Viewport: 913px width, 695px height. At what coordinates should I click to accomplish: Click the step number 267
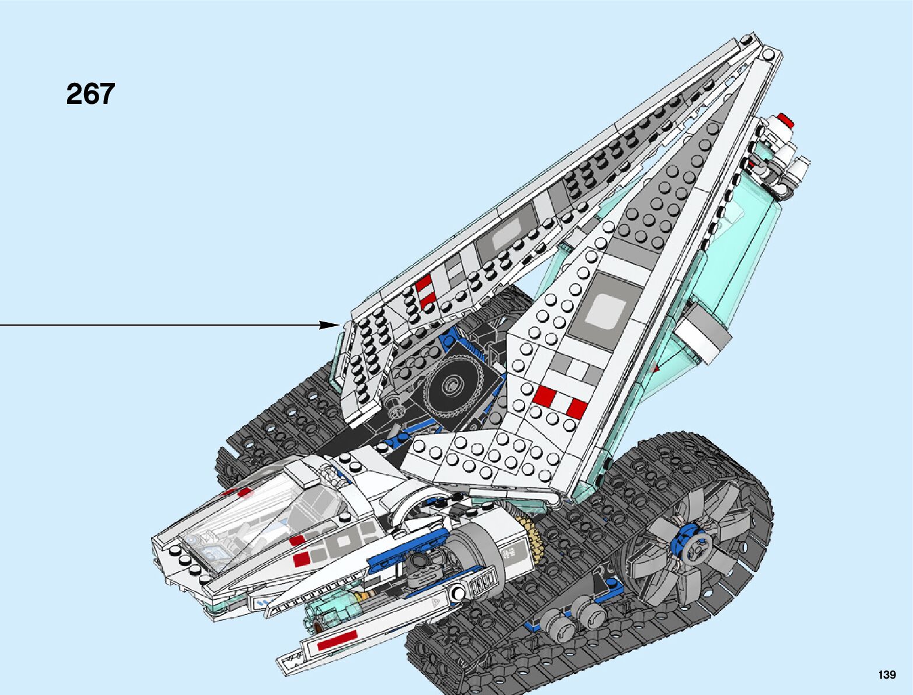[x=90, y=94]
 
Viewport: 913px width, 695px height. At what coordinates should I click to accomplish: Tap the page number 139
[x=886, y=675]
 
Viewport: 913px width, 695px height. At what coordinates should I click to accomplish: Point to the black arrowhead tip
[x=338, y=325]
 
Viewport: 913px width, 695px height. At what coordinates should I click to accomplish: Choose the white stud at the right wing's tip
[x=768, y=54]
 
